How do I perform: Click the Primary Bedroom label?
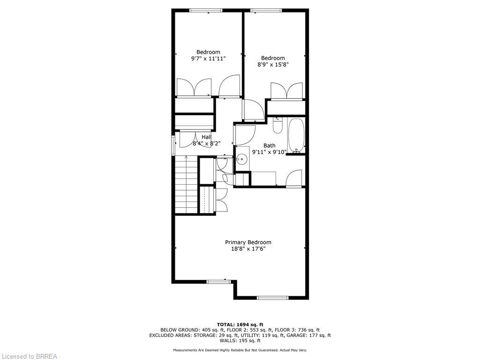pos(248,242)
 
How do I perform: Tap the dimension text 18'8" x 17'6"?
pos(248,249)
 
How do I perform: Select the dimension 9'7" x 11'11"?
pos(208,59)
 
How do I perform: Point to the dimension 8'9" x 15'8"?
pos(273,65)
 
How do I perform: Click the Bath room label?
pos(269,145)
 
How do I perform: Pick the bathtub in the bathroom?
pos(296,136)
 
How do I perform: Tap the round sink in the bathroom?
pos(242,159)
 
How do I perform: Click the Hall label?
pos(206,137)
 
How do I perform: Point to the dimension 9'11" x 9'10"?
pos(269,152)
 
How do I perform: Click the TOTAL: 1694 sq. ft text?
pos(240,324)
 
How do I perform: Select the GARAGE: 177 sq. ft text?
pos(310,335)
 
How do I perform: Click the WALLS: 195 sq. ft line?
pos(240,341)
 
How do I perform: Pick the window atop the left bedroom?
pos(206,10)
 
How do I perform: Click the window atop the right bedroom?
pos(266,10)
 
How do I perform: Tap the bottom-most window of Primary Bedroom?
pos(273,297)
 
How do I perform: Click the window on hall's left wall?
pos(173,145)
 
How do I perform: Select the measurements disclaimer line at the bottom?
pos(240,350)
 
